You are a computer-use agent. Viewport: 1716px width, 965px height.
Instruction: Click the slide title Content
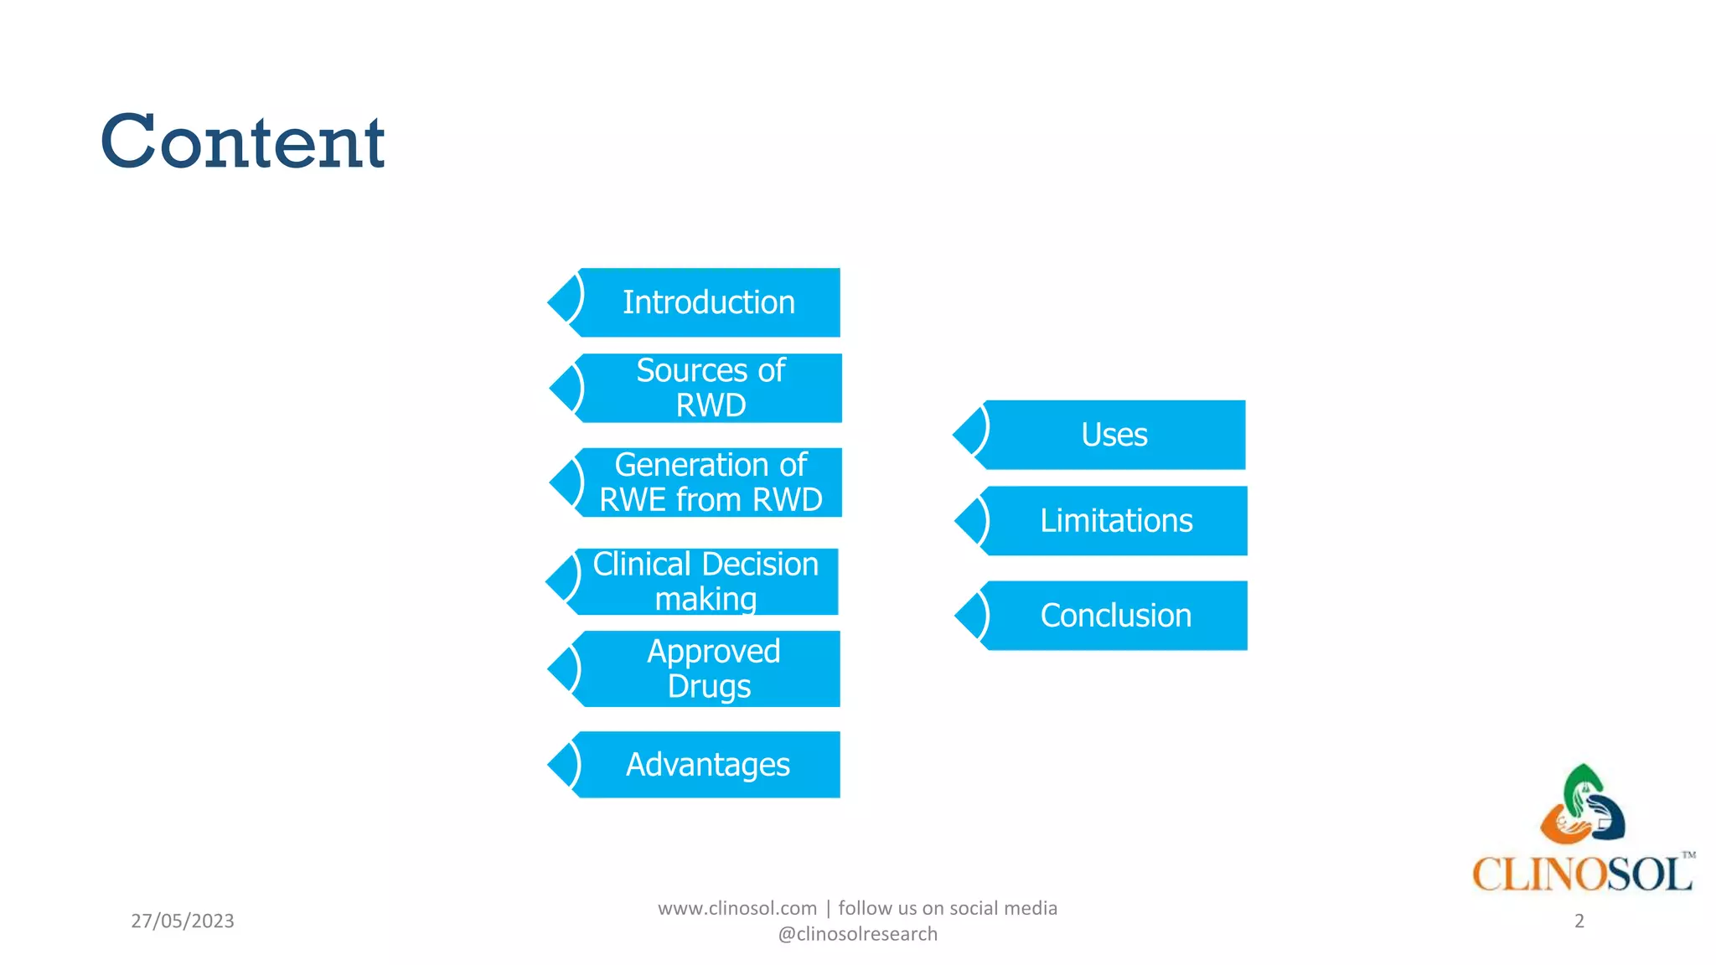[x=242, y=142]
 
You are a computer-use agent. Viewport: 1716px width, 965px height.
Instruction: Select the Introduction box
[x=708, y=302]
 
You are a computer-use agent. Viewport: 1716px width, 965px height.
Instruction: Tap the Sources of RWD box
[x=710, y=388]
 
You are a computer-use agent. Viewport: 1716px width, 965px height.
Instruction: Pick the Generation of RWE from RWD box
[x=710, y=482]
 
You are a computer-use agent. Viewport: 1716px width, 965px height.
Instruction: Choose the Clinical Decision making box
[x=706, y=581]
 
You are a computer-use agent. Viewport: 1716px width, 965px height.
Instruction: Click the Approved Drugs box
[x=712, y=668]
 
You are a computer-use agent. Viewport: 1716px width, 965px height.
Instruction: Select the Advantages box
[x=708, y=764]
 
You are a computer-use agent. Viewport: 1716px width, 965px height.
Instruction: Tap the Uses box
[x=1114, y=435]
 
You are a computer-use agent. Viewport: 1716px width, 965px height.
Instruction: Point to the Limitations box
[x=1115, y=521]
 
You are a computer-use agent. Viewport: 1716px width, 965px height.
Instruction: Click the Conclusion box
[x=1115, y=616]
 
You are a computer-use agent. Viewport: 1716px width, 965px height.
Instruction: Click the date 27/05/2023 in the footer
[x=183, y=921]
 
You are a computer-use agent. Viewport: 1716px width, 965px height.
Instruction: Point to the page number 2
[x=1579, y=921]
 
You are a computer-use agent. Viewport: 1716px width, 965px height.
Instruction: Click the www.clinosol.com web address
[x=737, y=908]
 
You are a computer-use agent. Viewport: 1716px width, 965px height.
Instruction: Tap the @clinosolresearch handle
[x=857, y=934]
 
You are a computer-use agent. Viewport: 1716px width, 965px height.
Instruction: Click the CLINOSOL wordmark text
[x=1581, y=875]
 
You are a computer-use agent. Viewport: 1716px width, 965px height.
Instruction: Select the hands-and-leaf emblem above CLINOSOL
[x=1582, y=805]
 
